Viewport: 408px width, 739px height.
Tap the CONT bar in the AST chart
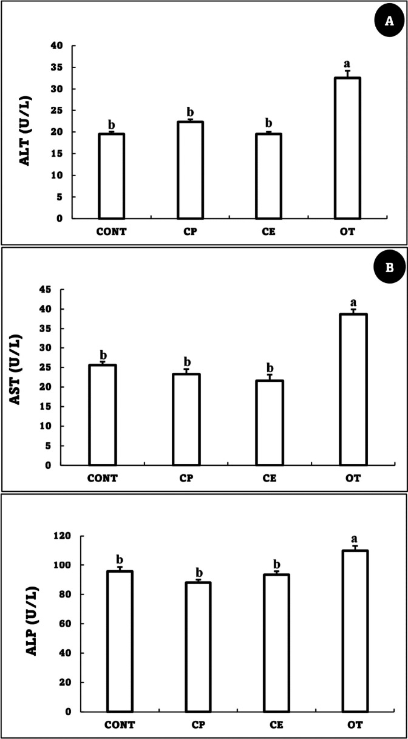pos(103,415)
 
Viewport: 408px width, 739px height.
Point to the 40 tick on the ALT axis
pos(57,46)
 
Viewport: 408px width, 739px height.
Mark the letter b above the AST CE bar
pos(270,368)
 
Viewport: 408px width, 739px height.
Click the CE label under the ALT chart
pos(268,231)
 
